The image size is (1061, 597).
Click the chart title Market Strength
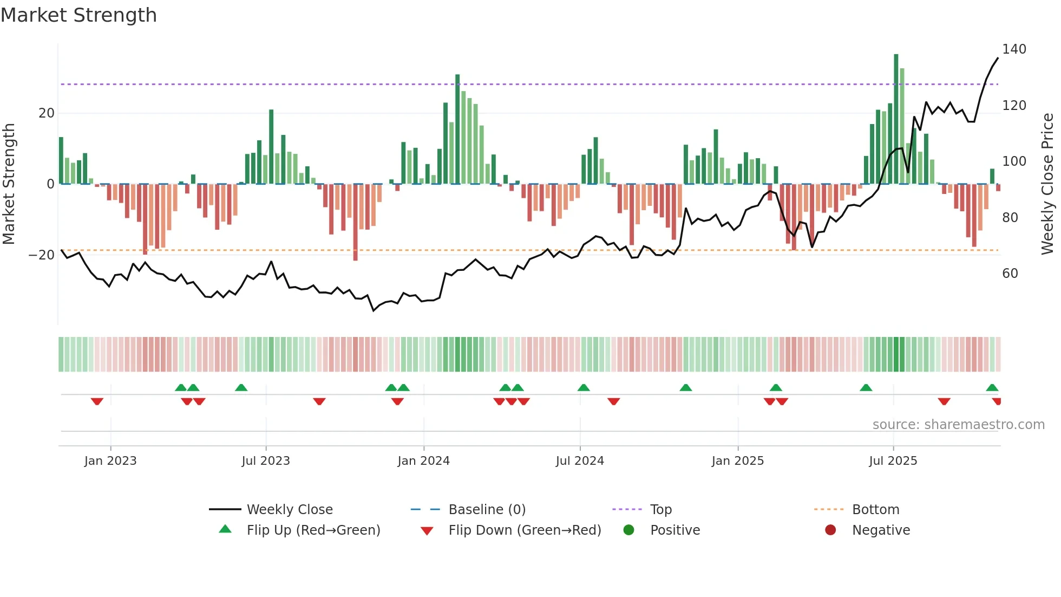78,15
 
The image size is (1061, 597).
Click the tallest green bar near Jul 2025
896,119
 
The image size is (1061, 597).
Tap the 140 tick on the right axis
1013,49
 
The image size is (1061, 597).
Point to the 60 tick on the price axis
1010,274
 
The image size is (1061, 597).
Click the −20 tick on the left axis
42,255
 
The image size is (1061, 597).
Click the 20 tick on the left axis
47,113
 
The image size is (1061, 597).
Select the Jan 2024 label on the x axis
423,461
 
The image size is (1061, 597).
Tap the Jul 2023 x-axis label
266,461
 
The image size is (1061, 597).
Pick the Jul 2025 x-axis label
893,461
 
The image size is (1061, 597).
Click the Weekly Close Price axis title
1047,184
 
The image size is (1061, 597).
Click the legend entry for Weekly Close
290,510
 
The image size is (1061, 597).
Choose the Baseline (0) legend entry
487,510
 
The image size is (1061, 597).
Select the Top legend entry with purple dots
660,510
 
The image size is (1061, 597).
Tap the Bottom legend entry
875,510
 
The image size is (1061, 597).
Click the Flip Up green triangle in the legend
225,529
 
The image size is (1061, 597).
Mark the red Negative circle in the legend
830,530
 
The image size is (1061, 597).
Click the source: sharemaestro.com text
958,425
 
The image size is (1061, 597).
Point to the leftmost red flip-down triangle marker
97,401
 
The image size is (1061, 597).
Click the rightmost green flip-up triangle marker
992,387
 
